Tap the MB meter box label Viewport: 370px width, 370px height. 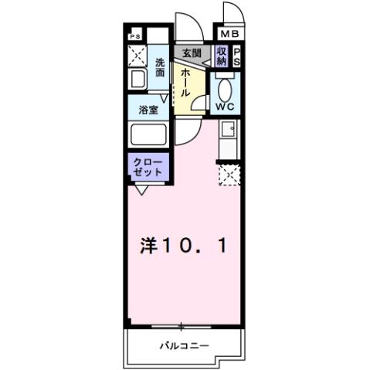point(229,35)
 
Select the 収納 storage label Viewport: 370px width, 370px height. point(222,56)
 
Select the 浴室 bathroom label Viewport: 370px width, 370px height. point(148,110)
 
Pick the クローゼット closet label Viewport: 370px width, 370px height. point(148,168)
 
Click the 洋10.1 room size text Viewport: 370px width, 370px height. point(182,246)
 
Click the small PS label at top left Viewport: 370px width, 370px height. point(135,36)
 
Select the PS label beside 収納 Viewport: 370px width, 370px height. point(237,56)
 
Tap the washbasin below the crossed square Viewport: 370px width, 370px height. point(137,80)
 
